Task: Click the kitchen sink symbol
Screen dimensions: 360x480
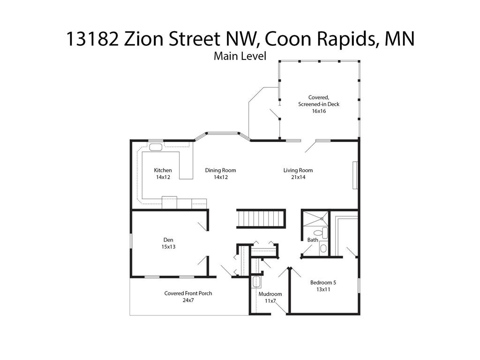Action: (x=156, y=147)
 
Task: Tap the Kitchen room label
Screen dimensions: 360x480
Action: (x=163, y=173)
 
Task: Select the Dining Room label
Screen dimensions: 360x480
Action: (x=220, y=173)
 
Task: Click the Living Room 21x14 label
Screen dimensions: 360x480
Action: (x=298, y=173)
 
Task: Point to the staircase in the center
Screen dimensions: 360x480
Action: (x=261, y=218)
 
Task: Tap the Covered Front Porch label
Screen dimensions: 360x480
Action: (x=188, y=296)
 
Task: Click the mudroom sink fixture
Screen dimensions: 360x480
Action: (x=256, y=282)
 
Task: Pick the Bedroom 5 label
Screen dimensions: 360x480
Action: (x=323, y=286)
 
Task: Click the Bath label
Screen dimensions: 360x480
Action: (x=313, y=240)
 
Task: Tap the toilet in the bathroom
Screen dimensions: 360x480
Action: (x=318, y=232)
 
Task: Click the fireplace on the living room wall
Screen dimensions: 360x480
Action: (x=355, y=175)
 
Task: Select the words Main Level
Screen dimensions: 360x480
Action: (x=240, y=56)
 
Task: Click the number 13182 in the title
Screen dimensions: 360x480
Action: (x=92, y=38)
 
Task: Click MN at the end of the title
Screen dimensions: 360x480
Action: (x=399, y=38)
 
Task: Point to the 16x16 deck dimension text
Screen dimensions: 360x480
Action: (x=319, y=111)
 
